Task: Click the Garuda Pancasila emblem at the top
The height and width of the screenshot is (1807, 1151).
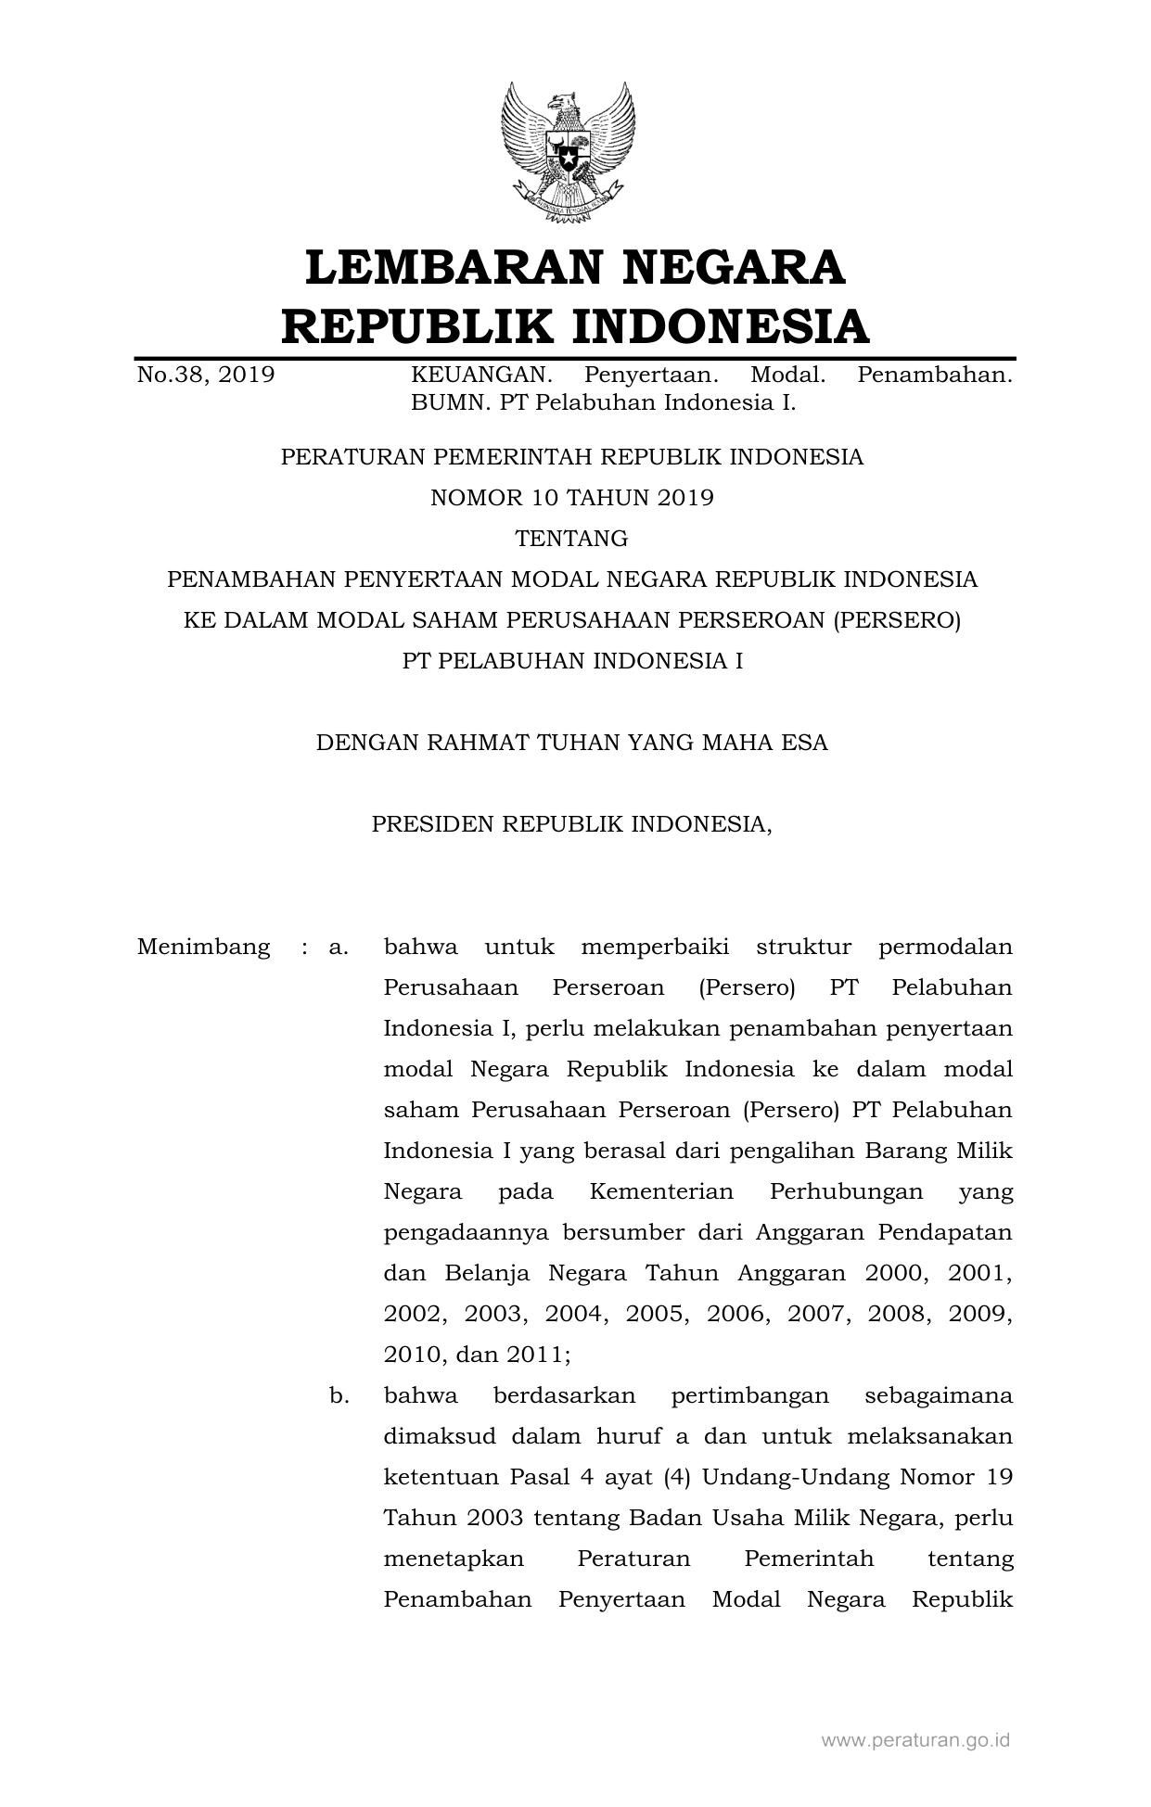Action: [x=568, y=152]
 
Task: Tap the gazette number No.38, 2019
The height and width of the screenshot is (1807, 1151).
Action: [x=206, y=375]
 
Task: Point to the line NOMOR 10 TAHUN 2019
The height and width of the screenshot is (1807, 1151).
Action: [x=572, y=498]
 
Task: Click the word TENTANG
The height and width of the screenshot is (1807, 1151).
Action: [x=572, y=539]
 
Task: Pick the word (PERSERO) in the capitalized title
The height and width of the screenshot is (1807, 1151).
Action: [x=896, y=620]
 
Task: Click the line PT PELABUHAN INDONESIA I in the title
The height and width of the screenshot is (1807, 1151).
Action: [x=572, y=661]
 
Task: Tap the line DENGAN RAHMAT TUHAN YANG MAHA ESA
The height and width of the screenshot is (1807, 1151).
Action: [x=572, y=743]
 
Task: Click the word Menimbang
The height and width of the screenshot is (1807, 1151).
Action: [x=204, y=948]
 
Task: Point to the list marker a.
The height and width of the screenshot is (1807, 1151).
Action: [x=339, y=948]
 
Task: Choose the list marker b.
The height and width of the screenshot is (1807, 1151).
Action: [x=339, y=1396]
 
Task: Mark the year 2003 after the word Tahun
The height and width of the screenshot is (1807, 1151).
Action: [x=494, y=1519]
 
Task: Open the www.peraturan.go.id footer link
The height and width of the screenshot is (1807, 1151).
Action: [x=915, y=1740]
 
